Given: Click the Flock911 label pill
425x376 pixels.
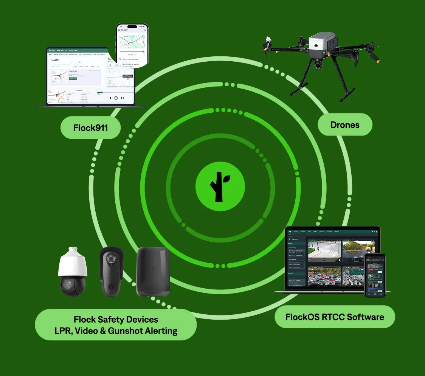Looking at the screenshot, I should [x=90, y=128].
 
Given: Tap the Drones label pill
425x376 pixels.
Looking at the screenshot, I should [x=345, y=124].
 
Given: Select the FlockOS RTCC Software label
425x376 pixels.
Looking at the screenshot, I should [x=335, y=317].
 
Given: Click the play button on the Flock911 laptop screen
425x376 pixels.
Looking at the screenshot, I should [x=116, y=98].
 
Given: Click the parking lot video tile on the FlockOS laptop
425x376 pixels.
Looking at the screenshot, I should [x=324, y=277].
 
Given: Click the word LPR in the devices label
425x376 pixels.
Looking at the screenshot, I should [x=63, y=331].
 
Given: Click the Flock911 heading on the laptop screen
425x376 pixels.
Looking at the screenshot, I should [x=56, y=60].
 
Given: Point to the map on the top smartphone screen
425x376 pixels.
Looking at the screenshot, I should [x=132, y=41].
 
